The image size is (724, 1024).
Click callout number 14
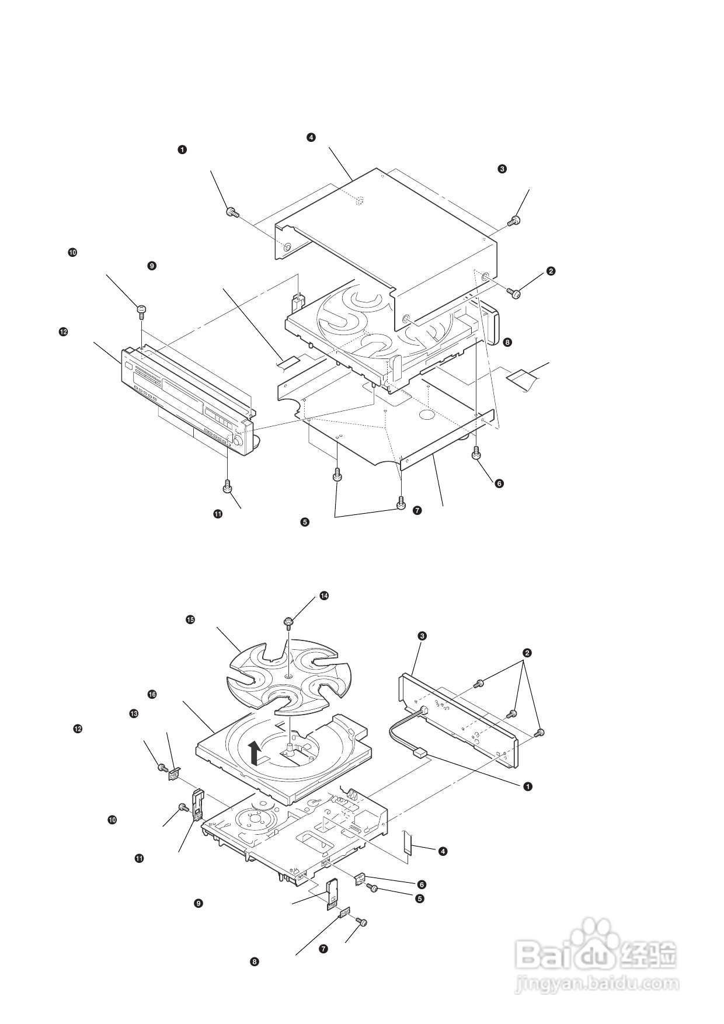click(324, 595)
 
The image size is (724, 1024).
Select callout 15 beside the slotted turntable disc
click(190, 619)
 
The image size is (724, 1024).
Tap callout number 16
click(152, 695)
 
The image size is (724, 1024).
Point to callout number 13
click(134, 713)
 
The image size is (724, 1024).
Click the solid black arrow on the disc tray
click(254, 753)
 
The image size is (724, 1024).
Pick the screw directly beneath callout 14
click(288, 622)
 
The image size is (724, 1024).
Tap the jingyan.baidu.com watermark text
click(598, 983)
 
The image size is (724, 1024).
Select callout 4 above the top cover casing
click(311, 137)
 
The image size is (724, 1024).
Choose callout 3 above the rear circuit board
click(422, 635)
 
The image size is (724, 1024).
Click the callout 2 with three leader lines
click(527, 652)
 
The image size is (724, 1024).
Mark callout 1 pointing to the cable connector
click(528, 786)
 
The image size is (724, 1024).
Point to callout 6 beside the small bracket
click(422, 884)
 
